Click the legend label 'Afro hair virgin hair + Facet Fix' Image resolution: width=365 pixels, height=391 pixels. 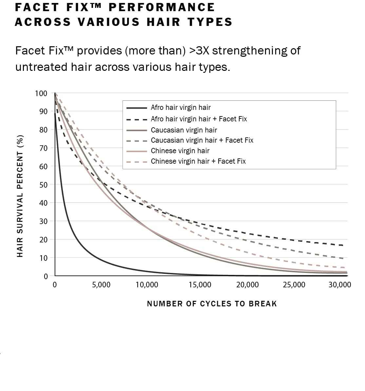(199, 119)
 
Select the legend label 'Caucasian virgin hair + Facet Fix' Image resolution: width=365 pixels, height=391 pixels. (202, 140)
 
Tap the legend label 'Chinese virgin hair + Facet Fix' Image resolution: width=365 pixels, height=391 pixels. (198, 161)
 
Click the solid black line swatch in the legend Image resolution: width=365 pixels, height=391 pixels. (136, 108)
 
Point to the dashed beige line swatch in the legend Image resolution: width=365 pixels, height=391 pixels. (136, 161)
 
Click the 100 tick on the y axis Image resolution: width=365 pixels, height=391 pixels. (41, 93)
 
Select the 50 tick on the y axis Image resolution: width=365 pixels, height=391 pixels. (43, 185)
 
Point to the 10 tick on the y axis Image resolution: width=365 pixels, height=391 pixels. (43, 258)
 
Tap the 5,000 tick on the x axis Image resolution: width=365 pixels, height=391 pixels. (101, 285)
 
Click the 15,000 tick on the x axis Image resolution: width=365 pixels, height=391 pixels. (200, 285)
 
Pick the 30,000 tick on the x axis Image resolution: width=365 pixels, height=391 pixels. (340, 285)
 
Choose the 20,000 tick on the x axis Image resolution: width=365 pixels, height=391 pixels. (247, 285)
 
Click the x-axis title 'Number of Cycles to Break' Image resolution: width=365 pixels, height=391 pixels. (212, 304)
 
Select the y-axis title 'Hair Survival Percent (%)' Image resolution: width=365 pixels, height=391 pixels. (20, 196)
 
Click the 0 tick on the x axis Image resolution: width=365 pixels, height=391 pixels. (55, 285)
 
